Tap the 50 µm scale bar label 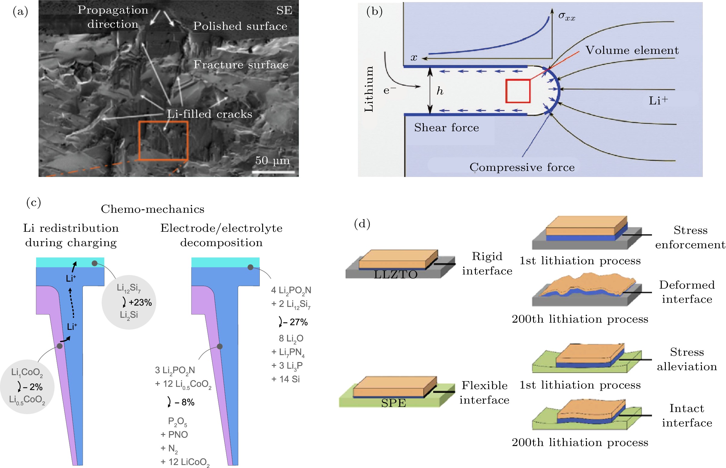tap(272, 160)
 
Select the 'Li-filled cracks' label tap(209, 114)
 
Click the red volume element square tap(518, 91)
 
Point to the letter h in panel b tap(440, 91)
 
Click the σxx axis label tap(567, 17)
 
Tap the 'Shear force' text tap(446, 128)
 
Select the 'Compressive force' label tap(522, 167)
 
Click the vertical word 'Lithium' tap(369, 89)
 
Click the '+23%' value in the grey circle tap(140, 302)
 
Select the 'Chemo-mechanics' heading tap(153, 209)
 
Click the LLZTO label tap(396, 274)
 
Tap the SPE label tap(393, 403)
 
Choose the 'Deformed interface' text tap(687, 292)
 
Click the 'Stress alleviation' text tap(687, 359)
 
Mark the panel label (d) tap(362, 224)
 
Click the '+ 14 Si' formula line tap(285, 379)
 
